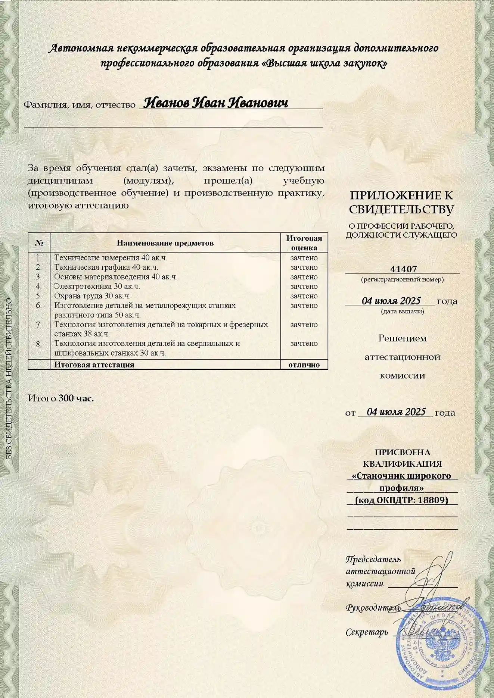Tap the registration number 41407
pos(403,269)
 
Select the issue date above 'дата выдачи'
pos(391,301)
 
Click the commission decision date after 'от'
pos(396,411)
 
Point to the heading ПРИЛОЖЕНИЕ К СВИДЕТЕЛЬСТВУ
pos(401,202)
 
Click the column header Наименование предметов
pos(165,243)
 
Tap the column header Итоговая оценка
pos(304,243)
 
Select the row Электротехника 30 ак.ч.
pos(97,287)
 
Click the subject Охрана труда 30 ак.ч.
pos(93,296)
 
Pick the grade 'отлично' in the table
pos(304,365)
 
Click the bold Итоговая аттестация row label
pos(94,365)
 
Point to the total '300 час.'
pos(76,398)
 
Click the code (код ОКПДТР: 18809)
pos(402,500)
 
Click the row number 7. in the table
pos(39,325)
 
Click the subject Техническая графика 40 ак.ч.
pos(106,267)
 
